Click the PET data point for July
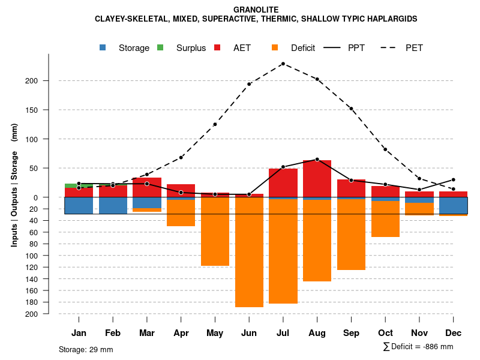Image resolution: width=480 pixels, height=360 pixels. coord(283,64)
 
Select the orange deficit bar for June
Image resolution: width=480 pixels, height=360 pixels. coord(249,252)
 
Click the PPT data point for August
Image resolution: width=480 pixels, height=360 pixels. coord(317,159)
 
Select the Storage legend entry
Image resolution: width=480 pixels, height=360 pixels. coord(126,48)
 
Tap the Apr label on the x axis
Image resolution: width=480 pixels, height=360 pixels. coord(181,333)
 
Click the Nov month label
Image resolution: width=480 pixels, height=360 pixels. coord(419,333)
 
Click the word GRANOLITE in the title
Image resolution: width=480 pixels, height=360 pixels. coord(256,10)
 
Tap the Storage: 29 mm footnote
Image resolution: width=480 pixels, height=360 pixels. coord(86,349)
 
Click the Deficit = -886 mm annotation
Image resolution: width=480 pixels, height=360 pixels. coord(418,347)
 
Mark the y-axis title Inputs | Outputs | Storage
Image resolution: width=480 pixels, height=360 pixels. coord(14,185)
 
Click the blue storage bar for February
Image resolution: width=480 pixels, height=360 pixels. coord(113,205)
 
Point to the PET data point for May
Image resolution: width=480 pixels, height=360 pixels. coord(215,124)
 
